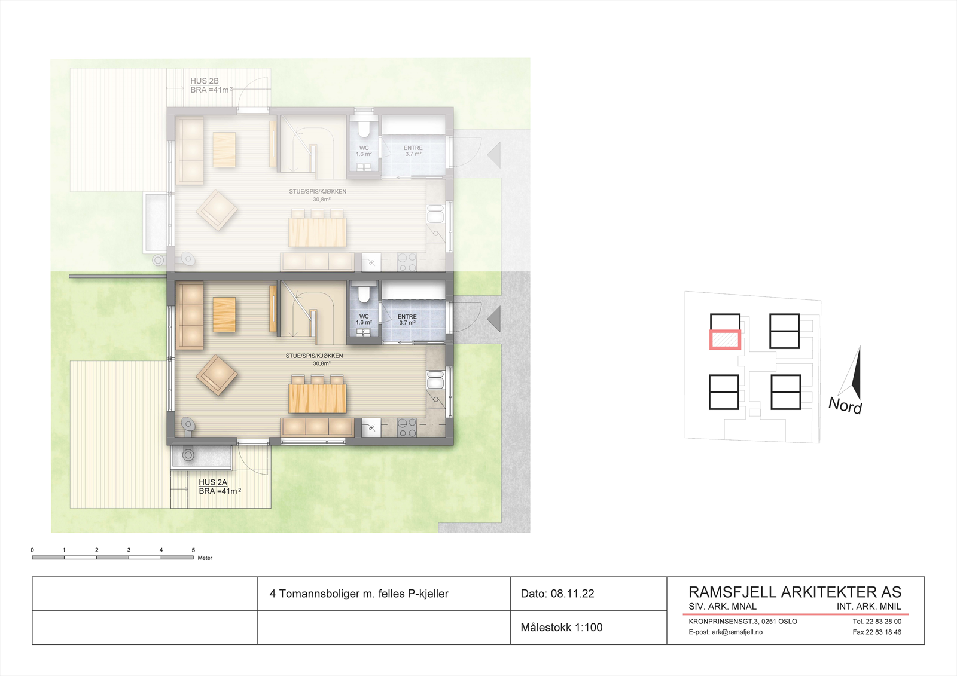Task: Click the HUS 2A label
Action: [x=213, y=482]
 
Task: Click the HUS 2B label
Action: [x=205, y=81]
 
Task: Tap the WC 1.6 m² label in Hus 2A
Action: [x=364, y=319]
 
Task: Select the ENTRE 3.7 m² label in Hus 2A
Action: [x=407, y=319]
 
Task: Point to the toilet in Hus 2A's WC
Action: [x=364, y=294]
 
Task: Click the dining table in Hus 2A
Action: [x=317, y=398]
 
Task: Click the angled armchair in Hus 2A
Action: [x=217, y=375]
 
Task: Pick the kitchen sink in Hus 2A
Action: [x=435, y=380]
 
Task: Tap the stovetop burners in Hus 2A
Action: [x=407, y=428]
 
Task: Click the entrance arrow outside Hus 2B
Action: [x=494, y=155]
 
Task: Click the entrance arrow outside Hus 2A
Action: [x=494, y=319]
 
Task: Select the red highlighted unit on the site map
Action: [x=725, y=339]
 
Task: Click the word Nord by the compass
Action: [x=845, y=406]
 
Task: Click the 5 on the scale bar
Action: [x=193, y=550]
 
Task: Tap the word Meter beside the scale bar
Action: [x=205, y=558]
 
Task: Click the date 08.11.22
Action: [x=572, y=594]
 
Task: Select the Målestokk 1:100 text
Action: [x=561, y=628]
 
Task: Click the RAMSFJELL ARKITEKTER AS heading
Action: [x=794, y=592]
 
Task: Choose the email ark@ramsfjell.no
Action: [x=737, y=632]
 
